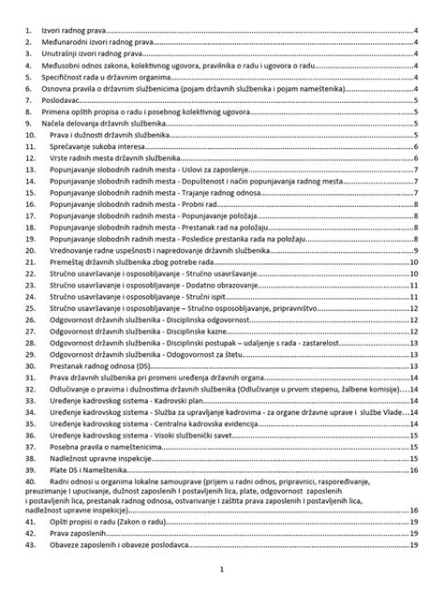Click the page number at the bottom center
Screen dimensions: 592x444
(222, 570)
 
